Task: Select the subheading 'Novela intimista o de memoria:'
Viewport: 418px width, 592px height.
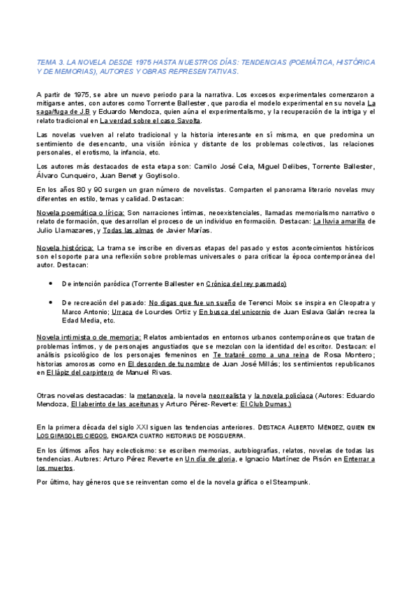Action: [x=89, y=337]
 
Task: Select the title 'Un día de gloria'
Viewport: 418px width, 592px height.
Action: [x=211, y=459]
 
